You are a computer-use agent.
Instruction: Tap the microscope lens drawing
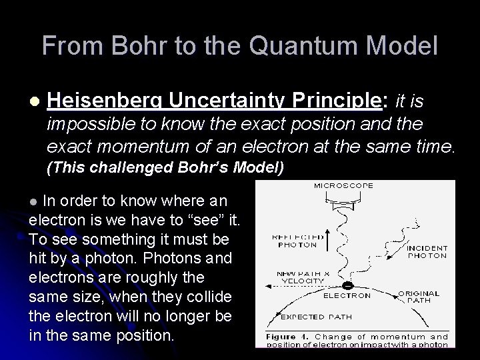click(x=343, y=201)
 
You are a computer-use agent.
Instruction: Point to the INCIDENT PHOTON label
click(x=427, y=251)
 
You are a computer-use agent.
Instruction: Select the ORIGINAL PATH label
click(x=418, y=297)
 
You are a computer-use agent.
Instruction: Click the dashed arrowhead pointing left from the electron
click(x=267, y=285)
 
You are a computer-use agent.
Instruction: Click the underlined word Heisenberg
click(x=105, y=101)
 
